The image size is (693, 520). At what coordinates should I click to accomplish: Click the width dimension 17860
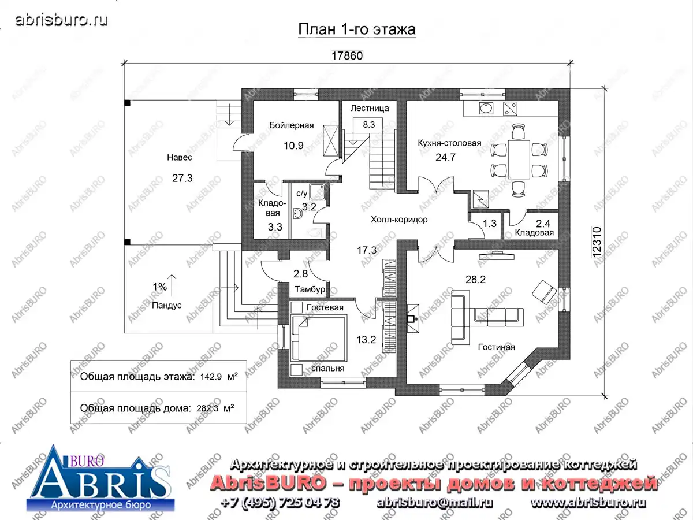coord(346,55)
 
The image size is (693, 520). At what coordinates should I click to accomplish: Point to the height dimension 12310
coord(597,242)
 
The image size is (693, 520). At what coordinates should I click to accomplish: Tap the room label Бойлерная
coord(292,125)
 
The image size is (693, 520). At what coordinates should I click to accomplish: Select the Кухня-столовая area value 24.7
coord(445,157)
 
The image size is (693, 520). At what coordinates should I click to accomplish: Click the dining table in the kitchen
coord(519,159)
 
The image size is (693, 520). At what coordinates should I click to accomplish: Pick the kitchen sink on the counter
coord(486,108)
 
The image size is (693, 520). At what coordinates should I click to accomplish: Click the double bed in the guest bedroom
coord(318,339)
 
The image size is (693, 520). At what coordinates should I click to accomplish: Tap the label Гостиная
coord(496,347)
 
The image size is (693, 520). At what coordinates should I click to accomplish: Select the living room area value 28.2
coord(475,280)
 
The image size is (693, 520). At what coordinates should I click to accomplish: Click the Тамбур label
coord(310,289)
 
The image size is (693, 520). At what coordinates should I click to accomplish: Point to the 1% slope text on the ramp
coord(159,287)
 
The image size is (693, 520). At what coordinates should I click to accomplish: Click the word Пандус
coord(167,305)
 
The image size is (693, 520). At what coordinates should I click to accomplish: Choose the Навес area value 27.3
coord(182,178)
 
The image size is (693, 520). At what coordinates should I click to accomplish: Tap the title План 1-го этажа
coord(357,29)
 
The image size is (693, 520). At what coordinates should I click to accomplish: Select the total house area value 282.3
coord(207,408)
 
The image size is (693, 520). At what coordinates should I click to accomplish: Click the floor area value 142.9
coord(211,377)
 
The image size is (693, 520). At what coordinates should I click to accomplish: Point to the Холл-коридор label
coord(399,220)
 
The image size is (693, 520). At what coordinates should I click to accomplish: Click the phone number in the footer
coord(280,503)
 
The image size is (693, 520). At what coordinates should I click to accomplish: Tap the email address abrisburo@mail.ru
coord(434,503)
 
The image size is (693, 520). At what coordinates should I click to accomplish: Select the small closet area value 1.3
coord(490,224)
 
